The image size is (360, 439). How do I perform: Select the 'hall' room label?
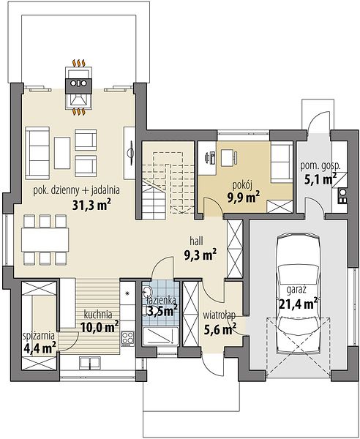pos(196,241)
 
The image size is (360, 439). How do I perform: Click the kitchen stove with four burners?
pos(127,339)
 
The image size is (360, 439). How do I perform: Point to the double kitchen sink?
pos(90,363)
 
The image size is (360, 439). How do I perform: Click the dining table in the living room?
pos(45,240)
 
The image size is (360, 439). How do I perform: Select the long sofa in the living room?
pos(37,153)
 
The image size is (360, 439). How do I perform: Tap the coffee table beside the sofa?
pos(62,153)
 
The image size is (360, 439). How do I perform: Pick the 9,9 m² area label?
pos(243,198)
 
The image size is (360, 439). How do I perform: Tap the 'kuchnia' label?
pos(98,315)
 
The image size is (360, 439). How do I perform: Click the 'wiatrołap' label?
pos(219,315)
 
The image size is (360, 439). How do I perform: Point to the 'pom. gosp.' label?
pos(320,166)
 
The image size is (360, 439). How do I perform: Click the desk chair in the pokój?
pos(236,157)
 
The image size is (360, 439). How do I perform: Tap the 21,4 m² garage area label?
pos(299,304)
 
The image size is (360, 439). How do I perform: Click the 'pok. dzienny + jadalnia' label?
pos(76,190)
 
